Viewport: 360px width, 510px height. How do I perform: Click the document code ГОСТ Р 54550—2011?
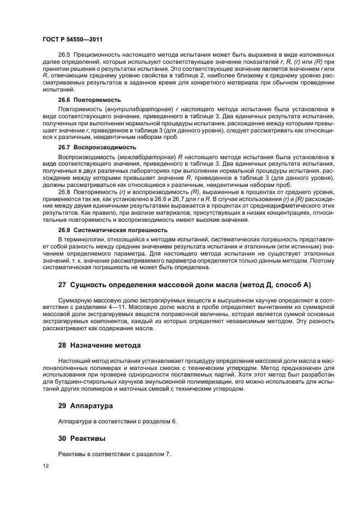[x=72, y=39]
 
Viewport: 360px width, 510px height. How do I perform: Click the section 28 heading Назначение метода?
[x=99, y=345]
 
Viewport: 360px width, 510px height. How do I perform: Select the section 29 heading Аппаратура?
[x=86, y=406]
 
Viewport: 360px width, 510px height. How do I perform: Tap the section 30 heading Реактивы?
[x=82, y=438]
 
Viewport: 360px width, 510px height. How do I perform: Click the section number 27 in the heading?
[x=63, y=284]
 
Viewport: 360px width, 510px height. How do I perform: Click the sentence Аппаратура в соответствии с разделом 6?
[x=117, y=422]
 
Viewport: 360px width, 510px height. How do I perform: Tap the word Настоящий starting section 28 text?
[x=74, y=361]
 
